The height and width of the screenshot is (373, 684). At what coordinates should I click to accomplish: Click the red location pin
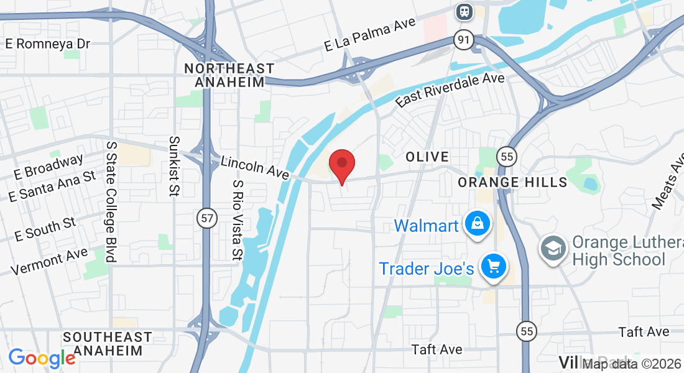click(x=341, y=163)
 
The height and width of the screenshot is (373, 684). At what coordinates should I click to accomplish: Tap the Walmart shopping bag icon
click(x=477, y=224)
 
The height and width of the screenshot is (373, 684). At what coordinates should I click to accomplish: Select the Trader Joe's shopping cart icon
click(x=494, y=267)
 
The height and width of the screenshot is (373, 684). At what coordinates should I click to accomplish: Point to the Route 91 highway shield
click(x=463, y=40)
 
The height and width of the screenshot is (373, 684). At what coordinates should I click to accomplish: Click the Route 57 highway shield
click(x=207, y=218)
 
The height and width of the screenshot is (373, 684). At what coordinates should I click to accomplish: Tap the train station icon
click(x=464, y=11)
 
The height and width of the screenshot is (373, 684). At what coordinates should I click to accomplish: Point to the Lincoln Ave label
click(x=255, y=167)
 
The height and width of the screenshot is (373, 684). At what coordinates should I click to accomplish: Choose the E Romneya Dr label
click(x=48, y=44)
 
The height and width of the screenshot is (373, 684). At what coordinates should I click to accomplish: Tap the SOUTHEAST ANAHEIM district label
click(x=108, y=344)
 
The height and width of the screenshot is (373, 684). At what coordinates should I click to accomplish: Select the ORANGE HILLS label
click(x=512, y=182)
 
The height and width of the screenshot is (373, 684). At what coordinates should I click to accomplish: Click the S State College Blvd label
click(x=111, y=201)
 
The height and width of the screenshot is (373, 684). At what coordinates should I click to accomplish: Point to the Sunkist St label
click(x=175, y=167)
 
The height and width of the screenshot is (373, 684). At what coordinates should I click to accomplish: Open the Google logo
click(x=42, y=358)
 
